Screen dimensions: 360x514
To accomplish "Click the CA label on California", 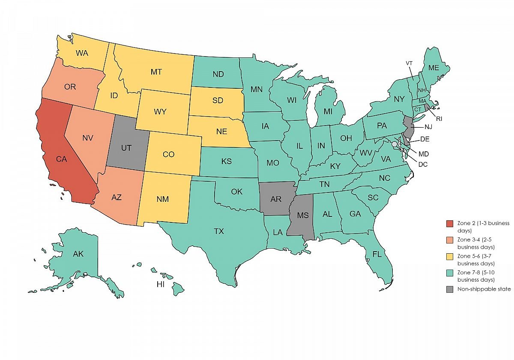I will [61, 159].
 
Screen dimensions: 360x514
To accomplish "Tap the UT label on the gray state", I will [126, 148].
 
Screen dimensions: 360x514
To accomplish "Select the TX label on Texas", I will [219, 231].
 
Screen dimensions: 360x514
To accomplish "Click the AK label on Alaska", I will [78, 254].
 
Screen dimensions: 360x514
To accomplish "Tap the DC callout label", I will [423, 164].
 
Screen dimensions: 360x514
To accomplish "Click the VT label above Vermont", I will [410, 63].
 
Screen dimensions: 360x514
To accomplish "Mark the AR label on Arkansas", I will [277, 199].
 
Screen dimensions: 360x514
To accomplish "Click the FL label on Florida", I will [377, 254].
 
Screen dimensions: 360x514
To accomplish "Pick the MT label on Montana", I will [156, 72].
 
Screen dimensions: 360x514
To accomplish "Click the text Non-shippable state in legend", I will [484, 289].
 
